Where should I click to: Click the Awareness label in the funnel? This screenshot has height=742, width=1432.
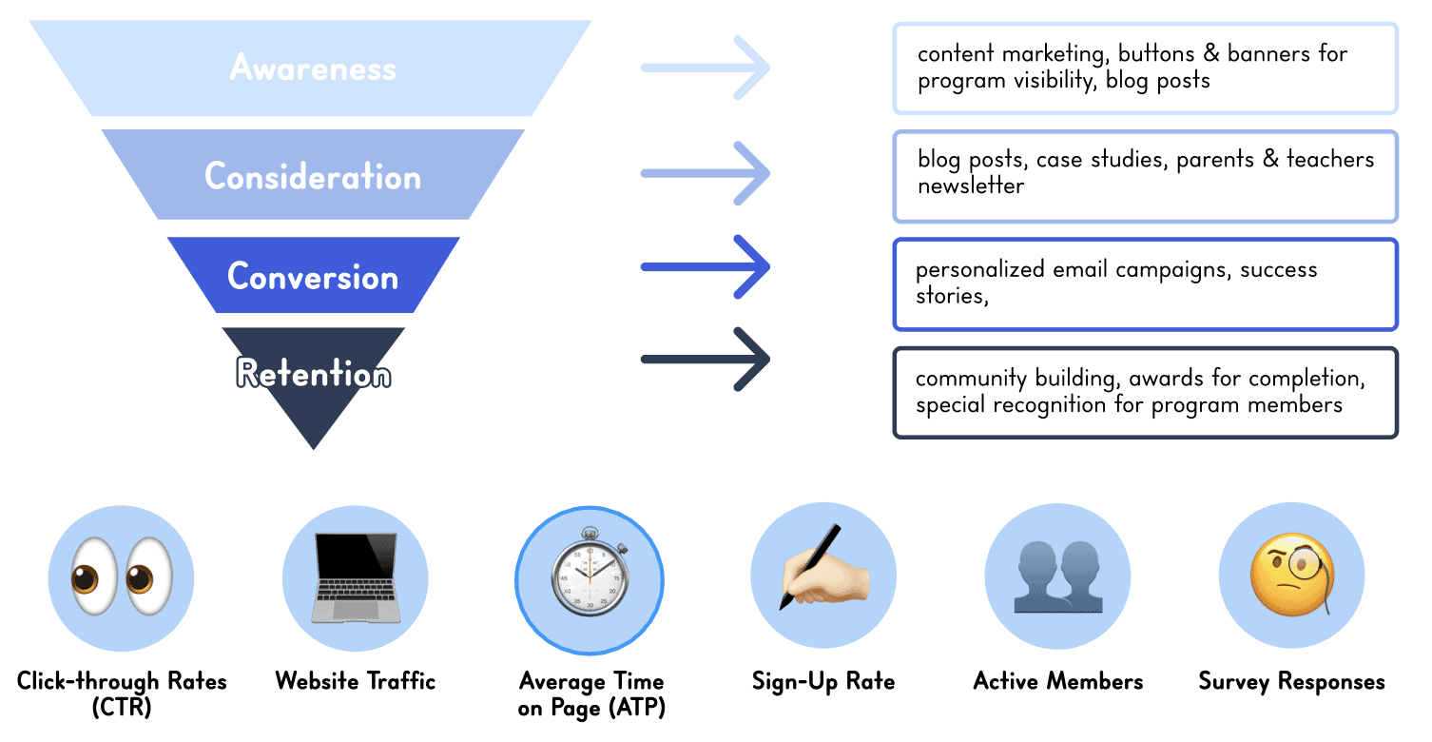[x=312, y=68]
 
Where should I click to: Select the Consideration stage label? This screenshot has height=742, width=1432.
[x=312, y=177]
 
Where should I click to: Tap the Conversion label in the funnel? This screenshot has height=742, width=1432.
[x=312, y=277]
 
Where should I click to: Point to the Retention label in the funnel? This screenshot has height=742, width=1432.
[x=313, y=373]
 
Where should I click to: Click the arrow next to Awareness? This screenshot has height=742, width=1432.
[x=705, y=68]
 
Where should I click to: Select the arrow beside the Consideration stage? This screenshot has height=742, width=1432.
[x=705, y=173]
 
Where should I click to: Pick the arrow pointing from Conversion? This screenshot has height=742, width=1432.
[x=705, y=266]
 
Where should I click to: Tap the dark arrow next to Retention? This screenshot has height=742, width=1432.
[x=705, y=359]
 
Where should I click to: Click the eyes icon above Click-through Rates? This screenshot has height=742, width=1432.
[x=121, y=578]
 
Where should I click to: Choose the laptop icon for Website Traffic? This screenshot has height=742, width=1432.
[x=356, y=578]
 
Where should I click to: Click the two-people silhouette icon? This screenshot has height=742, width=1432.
[x=1057, y=577]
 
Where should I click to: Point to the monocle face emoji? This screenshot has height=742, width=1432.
[x=1291, y=576]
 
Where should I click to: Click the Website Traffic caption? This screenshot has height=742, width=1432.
[x=356, y=681]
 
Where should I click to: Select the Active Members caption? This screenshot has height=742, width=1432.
[x=1057, y=681]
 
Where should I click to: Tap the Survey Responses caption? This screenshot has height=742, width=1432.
[x=1291, y=681]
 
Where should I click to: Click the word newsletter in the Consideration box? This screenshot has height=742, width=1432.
[x=970, y=185]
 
